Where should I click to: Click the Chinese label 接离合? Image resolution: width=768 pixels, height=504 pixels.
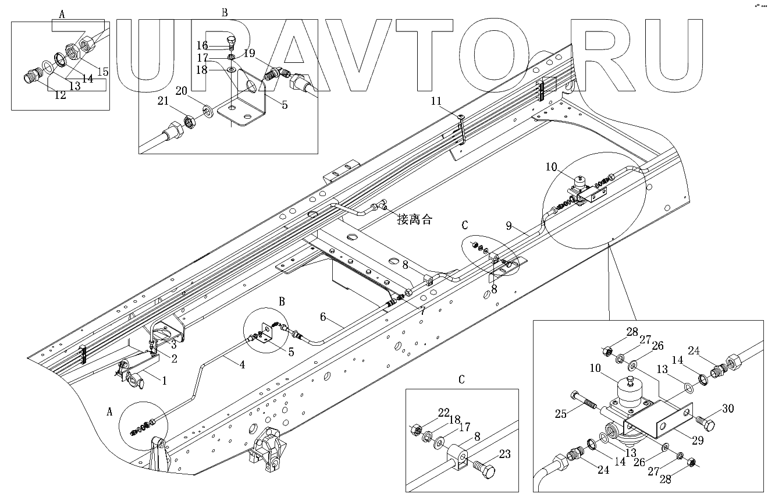coord(415,220)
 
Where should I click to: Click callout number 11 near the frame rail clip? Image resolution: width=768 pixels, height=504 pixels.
coord(453,101)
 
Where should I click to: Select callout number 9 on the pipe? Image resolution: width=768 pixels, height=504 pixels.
coord(509,226)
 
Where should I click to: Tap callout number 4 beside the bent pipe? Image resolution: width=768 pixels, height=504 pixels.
coord(240,364)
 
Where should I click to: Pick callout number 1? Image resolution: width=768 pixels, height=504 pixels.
coord(163,381)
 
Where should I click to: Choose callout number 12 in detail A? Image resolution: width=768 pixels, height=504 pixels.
coord(61,95)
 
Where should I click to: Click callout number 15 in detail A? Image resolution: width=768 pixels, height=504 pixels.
coord(102,72)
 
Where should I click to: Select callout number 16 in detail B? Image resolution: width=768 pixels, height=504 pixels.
coord(218,45)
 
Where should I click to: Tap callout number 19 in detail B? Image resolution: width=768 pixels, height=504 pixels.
coord(249,54)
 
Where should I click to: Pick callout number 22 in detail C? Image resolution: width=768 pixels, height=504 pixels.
coord(444,413)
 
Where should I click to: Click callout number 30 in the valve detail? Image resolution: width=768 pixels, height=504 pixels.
coord(728,408)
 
